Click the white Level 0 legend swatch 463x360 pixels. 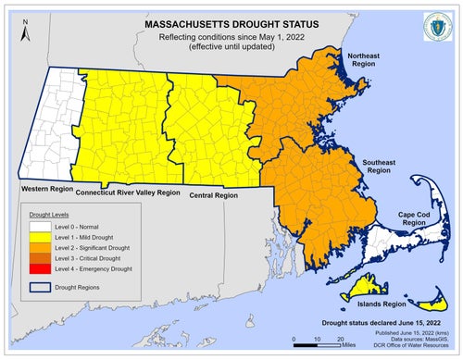(35, 227)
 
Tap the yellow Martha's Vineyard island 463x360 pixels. (356, 289)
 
